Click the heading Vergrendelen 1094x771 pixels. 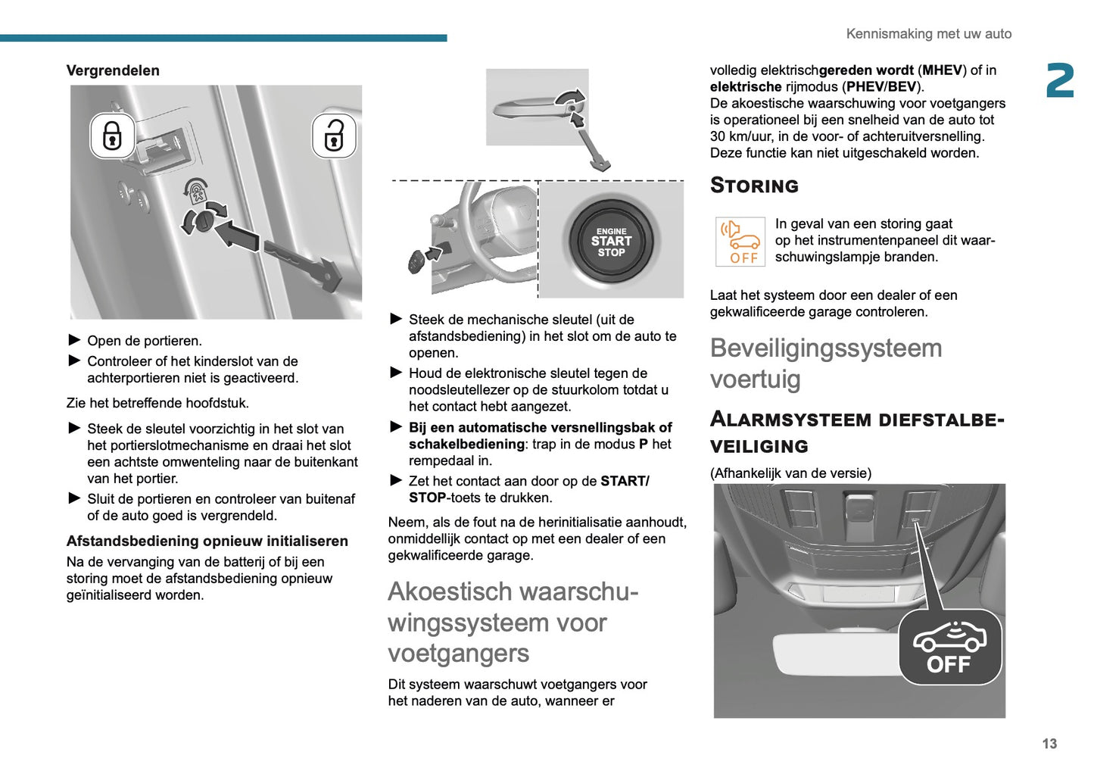(x=113, y=70)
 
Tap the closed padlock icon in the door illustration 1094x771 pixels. (x=112, y=136)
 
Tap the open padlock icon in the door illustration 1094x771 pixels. (x=334, y=136)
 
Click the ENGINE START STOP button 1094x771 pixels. (x=611, y=242)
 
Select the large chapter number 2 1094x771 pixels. (x=1059, y=81)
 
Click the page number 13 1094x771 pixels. (x=1049, y=744)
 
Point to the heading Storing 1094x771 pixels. (x=754, y=186)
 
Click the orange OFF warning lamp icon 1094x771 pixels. (x=740, y=242)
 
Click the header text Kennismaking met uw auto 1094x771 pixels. (x=928, y=34)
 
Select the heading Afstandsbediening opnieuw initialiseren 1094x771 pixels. (x=207, y=541)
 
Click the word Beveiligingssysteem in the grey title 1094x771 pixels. (x=825, y=348)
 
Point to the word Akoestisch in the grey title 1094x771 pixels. (x=447, y=592)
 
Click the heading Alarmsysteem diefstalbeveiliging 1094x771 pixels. (x=856, y=432)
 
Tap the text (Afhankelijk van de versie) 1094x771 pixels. (x=790, y=473)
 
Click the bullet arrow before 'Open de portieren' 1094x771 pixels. (x=74, y=340)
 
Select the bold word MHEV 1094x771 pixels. (x=942, y=70)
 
